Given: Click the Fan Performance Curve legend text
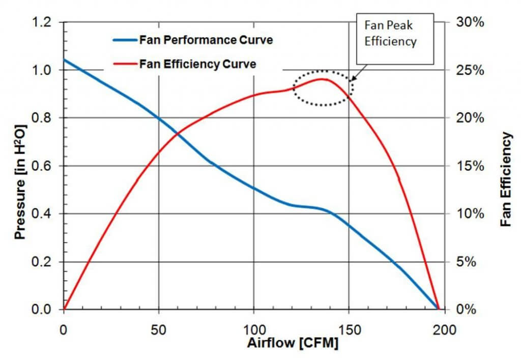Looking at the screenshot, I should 206,40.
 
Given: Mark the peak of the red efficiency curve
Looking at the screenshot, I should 323,79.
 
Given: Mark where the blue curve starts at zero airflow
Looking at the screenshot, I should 64,60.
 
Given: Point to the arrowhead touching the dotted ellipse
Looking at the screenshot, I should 353,79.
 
